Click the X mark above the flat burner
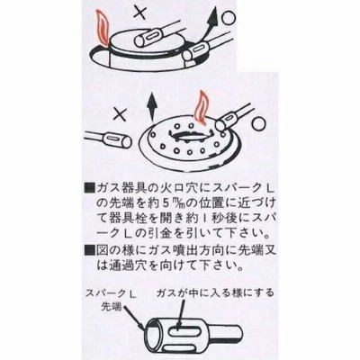(x=139, y=13)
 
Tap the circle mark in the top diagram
(x=229, y=18)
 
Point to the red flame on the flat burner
(x=102, y=27)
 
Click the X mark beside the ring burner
(x=120, y=114)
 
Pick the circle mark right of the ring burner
(x=258, y=124)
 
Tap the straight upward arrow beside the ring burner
(x=152, y=111)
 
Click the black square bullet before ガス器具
(x=90, y=189)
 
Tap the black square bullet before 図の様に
(x=90, y=249)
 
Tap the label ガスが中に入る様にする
(x=215, y=292)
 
